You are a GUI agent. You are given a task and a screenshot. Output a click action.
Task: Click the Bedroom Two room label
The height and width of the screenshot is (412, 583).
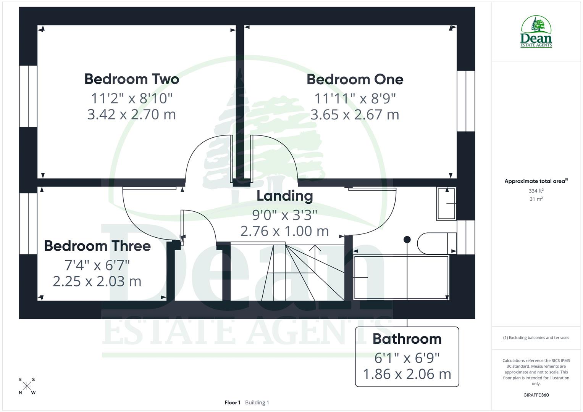pos(132,79)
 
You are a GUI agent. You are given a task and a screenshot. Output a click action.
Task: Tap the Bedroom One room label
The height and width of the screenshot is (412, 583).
pos(355,79)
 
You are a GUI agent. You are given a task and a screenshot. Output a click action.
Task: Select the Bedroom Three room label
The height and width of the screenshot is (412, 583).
pos(97,246)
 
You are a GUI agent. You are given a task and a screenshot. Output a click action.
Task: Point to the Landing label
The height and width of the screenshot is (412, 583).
pos(285,196)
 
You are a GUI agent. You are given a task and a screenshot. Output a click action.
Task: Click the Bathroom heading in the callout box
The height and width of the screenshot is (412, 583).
pos(407,339)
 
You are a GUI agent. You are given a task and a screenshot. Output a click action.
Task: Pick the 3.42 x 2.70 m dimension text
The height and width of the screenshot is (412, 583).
pos(132,114)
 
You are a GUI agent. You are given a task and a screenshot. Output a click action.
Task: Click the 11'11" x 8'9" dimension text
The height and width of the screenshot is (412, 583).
pos(355,98)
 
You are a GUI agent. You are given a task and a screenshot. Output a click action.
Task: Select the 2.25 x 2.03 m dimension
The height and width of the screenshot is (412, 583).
pos(97,281)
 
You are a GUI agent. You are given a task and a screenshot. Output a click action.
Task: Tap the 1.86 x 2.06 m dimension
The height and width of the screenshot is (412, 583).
pos(407,374)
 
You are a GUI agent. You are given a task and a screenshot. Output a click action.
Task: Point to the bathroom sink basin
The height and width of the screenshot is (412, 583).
pos(446,204)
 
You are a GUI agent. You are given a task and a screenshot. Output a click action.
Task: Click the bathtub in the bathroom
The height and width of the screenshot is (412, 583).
pos(401,277)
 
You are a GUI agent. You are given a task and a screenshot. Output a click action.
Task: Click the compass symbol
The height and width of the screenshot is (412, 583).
pos(27,386)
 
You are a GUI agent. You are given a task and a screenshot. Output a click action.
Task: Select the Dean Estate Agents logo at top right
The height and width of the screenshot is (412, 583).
pos(536,32)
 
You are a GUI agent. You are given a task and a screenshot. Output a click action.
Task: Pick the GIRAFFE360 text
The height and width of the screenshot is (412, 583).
pos(536,395)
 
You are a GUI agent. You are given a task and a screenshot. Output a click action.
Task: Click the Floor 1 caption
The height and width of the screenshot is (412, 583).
pos(233,402)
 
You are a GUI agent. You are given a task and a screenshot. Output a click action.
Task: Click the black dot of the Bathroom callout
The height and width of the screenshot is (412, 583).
pos(407,240)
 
